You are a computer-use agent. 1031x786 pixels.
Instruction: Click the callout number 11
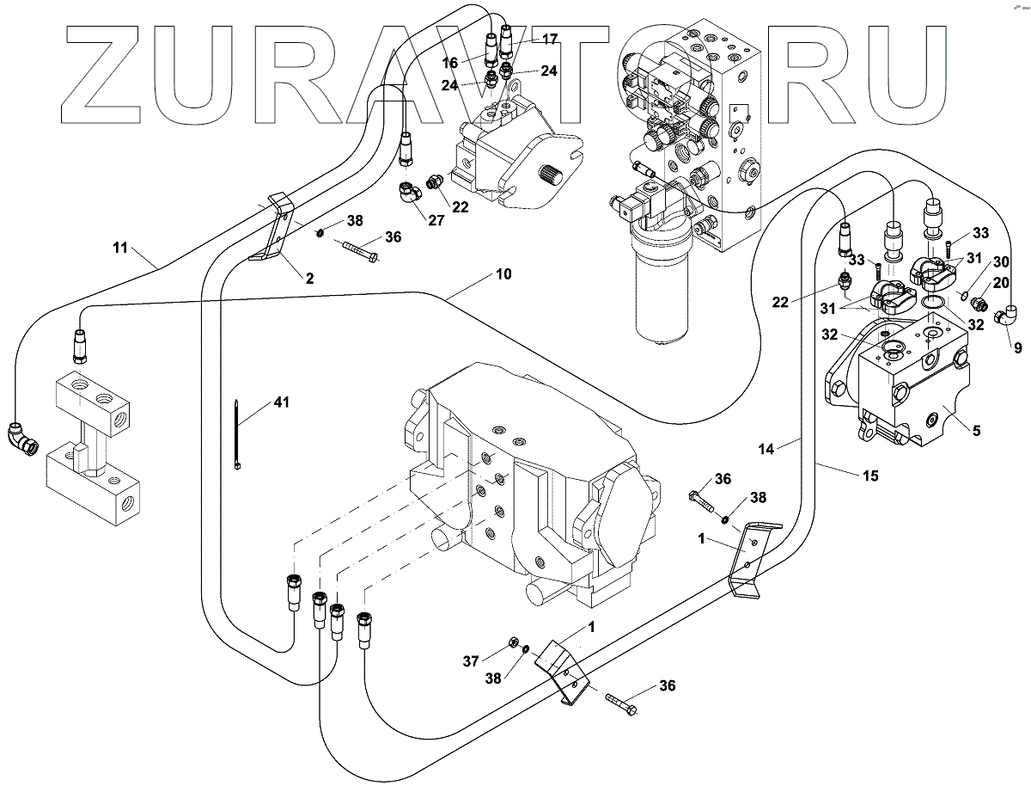pos(119,249)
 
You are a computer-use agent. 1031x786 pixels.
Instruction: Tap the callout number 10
pos(503,275)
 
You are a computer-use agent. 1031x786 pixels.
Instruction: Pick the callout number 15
pos(869,476)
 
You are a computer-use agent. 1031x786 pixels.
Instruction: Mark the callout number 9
pos(1017,349)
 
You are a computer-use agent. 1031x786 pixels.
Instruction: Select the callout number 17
pos(549,39)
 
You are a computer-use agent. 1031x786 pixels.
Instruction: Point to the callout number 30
pos(1002,261)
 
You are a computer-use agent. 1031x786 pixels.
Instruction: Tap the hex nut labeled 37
pos(509,642)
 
